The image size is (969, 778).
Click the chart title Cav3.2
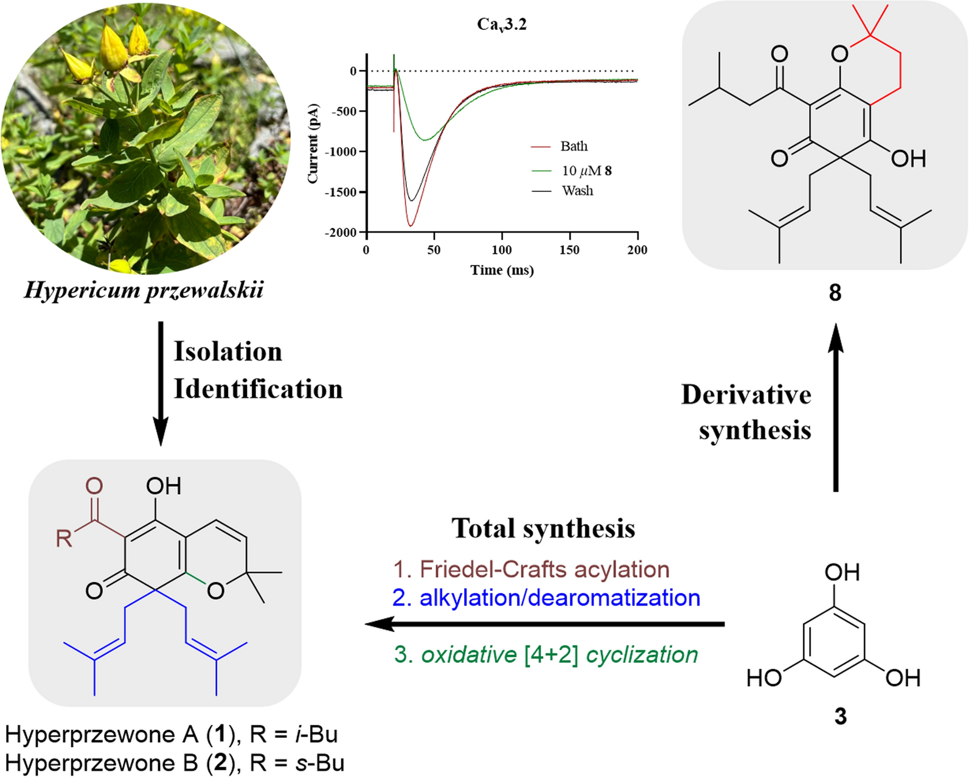coord(502,25)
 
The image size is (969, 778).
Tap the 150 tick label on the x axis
coord(569,250)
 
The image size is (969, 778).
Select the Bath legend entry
coord(560,146)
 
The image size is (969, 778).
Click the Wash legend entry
coord(563,191)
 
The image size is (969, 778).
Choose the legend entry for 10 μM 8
coord(571,170)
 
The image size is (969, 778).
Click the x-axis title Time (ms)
coord(502,270)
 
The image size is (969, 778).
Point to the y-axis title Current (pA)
coord(313,144)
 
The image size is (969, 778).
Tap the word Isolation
coord(228,352)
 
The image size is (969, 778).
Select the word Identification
coord(258,389)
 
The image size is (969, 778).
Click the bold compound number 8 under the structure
coord(835,293)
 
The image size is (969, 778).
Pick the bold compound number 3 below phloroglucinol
coord(840,717)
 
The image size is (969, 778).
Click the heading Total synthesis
coord(543,528)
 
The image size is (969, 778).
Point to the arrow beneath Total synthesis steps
coord(544,625)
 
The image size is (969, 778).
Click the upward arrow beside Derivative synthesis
coord(836,407)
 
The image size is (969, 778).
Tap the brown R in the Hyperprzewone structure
coord(64,538)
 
